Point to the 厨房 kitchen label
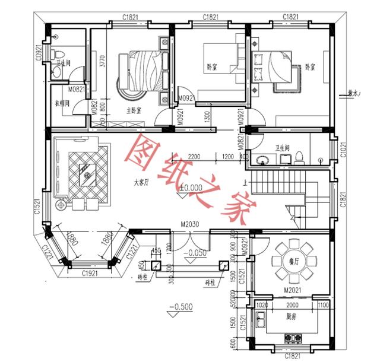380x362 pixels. [x=291, y=326]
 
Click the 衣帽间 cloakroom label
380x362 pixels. [x=63, y=103]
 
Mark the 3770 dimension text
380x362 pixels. [x=102, y=62]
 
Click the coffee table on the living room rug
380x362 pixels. [x=87, y=173]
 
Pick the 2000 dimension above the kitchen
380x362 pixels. [x=291, y=305]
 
